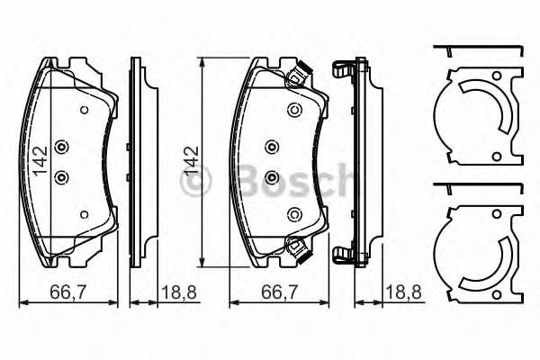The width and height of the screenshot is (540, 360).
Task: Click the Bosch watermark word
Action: click(287, 180)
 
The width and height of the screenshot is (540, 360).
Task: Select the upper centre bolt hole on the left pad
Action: click(61, 148)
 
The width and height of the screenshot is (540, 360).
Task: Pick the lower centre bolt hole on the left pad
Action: click(61, 176)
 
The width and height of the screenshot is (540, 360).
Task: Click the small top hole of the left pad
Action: click(83, 111)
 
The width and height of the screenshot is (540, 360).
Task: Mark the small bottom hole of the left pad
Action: click(83, 214)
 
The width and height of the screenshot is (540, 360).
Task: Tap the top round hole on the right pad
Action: click(293, 110)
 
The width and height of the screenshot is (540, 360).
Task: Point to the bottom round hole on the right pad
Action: click(293, 214)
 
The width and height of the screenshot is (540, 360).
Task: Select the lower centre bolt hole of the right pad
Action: click(271, 176)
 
